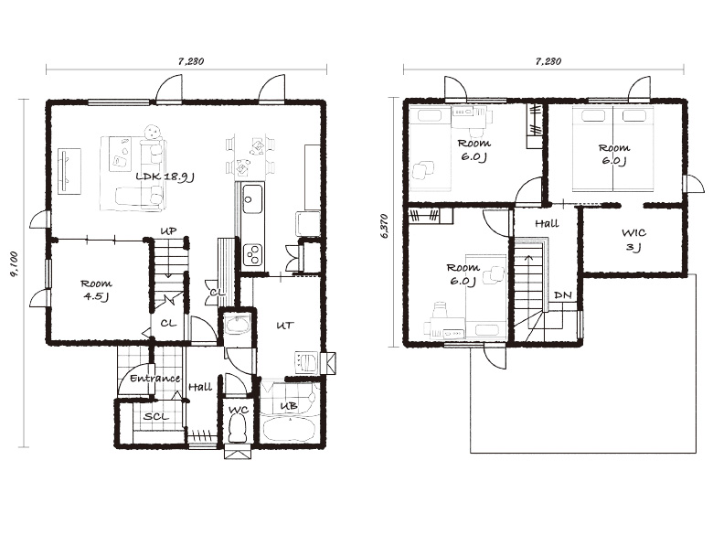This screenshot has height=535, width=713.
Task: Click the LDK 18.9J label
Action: pyautogui.click(x=165, y=177)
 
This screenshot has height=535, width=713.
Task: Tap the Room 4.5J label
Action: pyautogui.click(x=96, y=290)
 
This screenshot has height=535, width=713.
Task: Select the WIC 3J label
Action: pyautogui.click(x=633, y=240)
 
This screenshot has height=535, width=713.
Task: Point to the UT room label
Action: pyautogui.click(x=285, y=326)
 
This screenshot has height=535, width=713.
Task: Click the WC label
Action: pyautogui.click(x=239, y=410)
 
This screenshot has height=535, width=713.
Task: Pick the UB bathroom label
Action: pyautogui.click(x=289, y=405)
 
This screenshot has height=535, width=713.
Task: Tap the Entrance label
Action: pyautogui.click(x=155, y=378)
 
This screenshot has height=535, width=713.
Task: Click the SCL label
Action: pyautogui.click(x=156, y=416)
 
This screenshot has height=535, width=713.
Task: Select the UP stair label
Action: pyautogui.click(x=168, y=231)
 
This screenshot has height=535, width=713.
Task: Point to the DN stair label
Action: pyautogui.click(x=563, y=295)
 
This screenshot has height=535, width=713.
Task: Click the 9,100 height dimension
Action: pyautogui.click(x=15, y=264)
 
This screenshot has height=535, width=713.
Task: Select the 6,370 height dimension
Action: pyautogui.click(x=385, y=226)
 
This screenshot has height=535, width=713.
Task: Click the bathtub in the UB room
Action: pyautogui.click(x=289, y=430)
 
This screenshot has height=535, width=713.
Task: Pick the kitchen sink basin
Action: pyautogui.click(x=252, y=198)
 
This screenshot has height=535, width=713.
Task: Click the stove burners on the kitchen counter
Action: pyautogui.click(x=252, y=255)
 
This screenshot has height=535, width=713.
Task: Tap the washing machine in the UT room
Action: pyautogui.click(x=306, y=362)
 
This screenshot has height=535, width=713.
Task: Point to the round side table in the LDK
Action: pyautogui.click(x=153, y=133)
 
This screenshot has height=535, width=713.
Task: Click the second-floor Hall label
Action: pyautogui.click(x=547, y=223)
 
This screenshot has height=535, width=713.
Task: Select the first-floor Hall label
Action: pyautogui.click(x=200, y=387)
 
